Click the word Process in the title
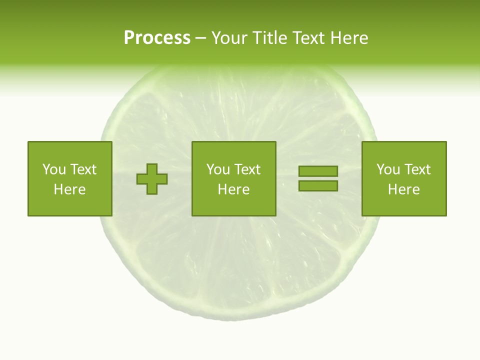(x=157, y=38)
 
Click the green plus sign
(x=152, y=179)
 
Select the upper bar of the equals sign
(x=318, y=171)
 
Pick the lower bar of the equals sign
(x=318, y=185)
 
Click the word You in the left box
(x=54, y=169)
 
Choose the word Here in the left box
(x=69, y=189)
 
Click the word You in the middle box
(x=218, y=169)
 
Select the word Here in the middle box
(x=233, y=189)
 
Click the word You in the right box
(x=388, y=169)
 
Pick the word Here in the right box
(x=403, y=189)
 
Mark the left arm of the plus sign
(x=141, y=179)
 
